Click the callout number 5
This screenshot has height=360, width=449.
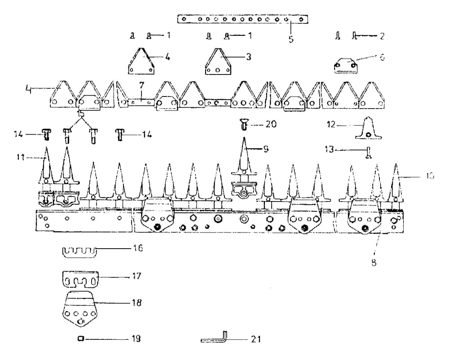tap(291, 39)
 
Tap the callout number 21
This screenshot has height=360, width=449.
tap(255, 339)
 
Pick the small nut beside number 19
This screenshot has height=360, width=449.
tap(80, 339)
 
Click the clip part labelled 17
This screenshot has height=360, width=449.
tap(79, 279)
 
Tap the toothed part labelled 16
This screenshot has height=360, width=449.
tap(79, 251)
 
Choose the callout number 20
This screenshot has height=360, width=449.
tap(271, 124)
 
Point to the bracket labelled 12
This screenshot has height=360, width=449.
tap(369, 129)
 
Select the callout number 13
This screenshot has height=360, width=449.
tap(330, 149)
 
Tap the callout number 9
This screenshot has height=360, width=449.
tap(266, 148)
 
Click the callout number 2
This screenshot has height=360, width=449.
tap(382, 35)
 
